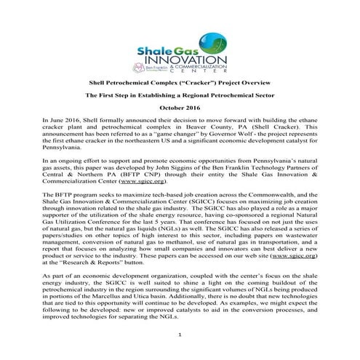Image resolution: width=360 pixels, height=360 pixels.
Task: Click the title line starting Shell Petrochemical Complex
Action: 179,82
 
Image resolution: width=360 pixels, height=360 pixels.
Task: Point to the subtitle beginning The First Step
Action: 179,95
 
